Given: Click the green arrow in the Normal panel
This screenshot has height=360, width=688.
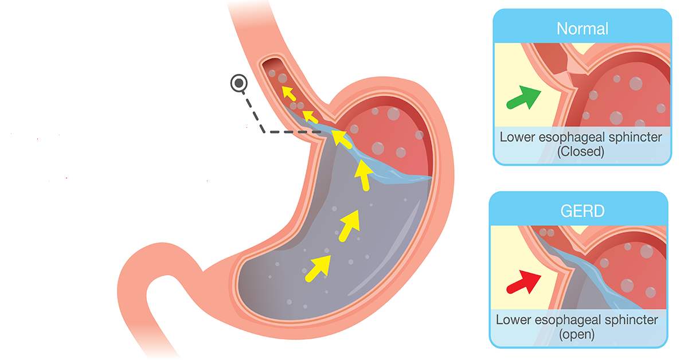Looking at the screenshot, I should [x=524, y=97].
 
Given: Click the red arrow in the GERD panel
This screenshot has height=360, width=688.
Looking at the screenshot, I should [x=524, y=280].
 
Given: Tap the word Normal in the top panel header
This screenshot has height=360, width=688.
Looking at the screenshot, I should [x=582, y=29].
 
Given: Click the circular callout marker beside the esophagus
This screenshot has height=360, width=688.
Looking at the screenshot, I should [x=238, y=84].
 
